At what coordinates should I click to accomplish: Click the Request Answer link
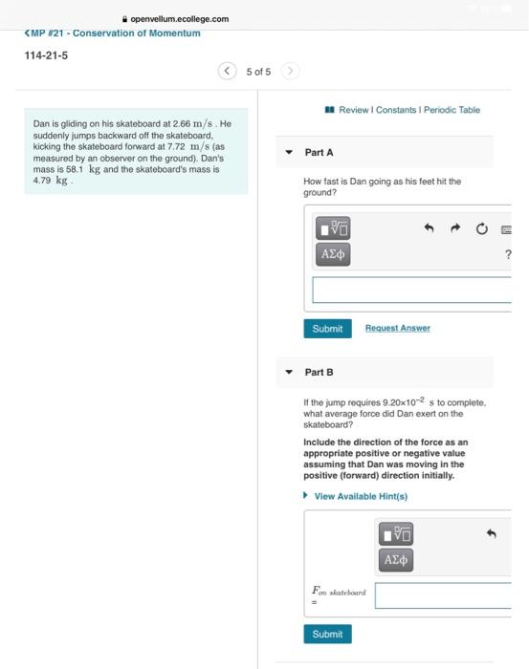click(397, 328)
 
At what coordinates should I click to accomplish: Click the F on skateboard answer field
click(443, 595)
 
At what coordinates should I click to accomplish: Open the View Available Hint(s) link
click(360, 496)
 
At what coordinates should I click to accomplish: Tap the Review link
click(354, 110)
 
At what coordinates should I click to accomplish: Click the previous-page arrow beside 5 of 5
click(227, 71)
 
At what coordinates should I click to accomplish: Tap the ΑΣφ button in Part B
click(396, 559)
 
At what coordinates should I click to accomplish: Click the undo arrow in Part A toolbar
click(430, 228)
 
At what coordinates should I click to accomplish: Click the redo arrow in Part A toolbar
click(455, 228)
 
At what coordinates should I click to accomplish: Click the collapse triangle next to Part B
click(289, 372)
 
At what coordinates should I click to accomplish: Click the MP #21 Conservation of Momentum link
click(113, 33)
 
